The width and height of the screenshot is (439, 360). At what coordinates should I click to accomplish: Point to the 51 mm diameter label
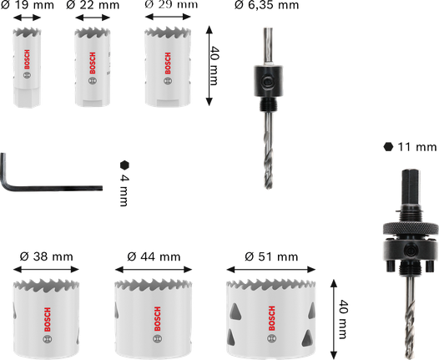[x=269, y=256]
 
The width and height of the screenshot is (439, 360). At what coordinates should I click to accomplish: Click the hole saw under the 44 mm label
[x=155, y=311]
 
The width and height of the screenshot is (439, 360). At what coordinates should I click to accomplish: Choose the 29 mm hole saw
[x=164, y=67]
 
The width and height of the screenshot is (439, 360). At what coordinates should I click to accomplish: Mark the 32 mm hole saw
[x=47, y=312]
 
